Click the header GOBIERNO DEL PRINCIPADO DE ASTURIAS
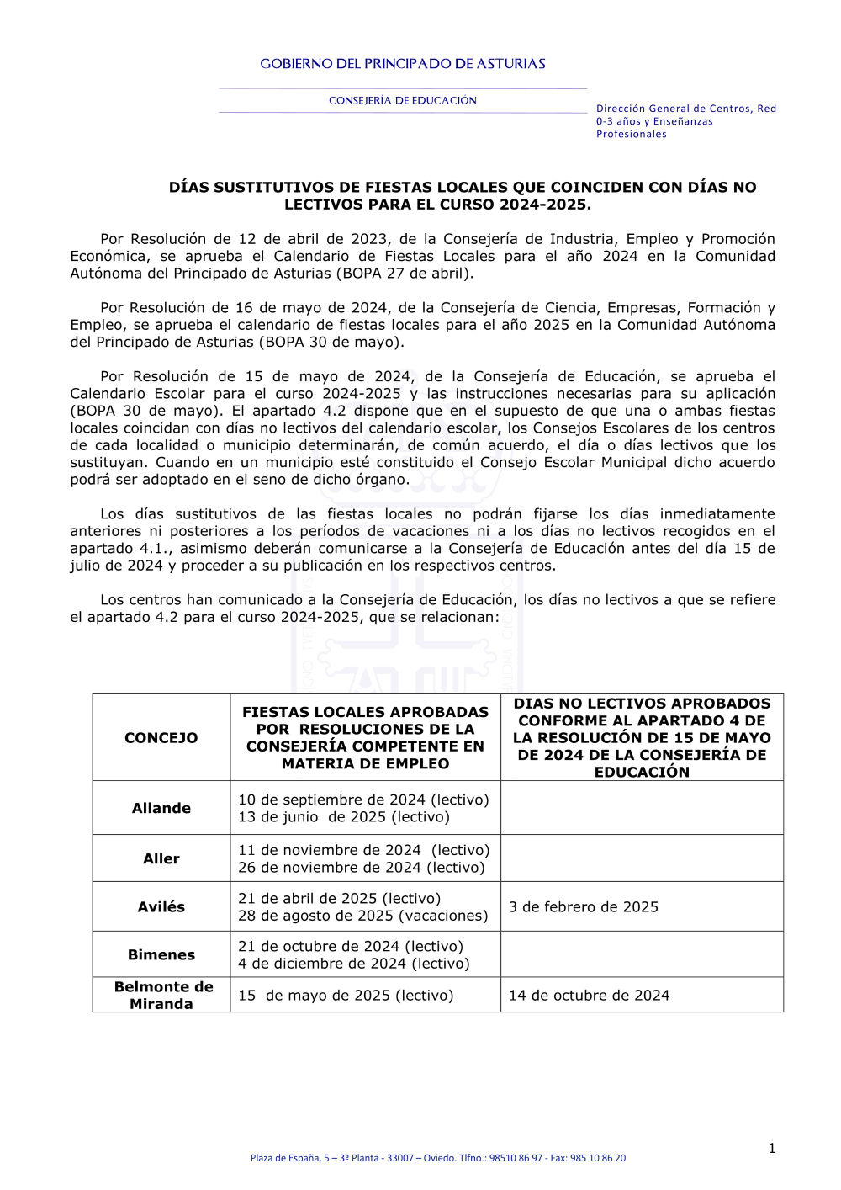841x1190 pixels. click(x=403, y=64)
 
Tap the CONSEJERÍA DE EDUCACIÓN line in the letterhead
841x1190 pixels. click(x=403, y=101)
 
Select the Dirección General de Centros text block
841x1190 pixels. click(x=685, y=121)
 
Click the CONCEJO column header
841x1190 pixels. click(x=161, y=738)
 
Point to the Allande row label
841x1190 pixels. click(x=161, y=808)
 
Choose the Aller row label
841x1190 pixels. click(x=161, y=858)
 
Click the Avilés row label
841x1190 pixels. click(x=161, y=906)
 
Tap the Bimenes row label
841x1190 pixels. click(x=161, y=954)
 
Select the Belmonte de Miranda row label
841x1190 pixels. click(x=163, y=995)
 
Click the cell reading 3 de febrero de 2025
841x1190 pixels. click(x=584, y=906)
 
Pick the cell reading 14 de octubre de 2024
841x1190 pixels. click(x=589, y=995)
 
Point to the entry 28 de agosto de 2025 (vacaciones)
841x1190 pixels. click(x=363, y=916)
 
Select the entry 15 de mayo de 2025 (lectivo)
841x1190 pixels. click(x=346, y=995)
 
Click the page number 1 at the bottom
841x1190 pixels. click(x=772, y=1148)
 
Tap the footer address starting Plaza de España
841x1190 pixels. click(x=437, y=1158)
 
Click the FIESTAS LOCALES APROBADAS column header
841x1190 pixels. click(x=365, y=737)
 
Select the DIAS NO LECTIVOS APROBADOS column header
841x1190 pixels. click(x=642, y=737)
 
